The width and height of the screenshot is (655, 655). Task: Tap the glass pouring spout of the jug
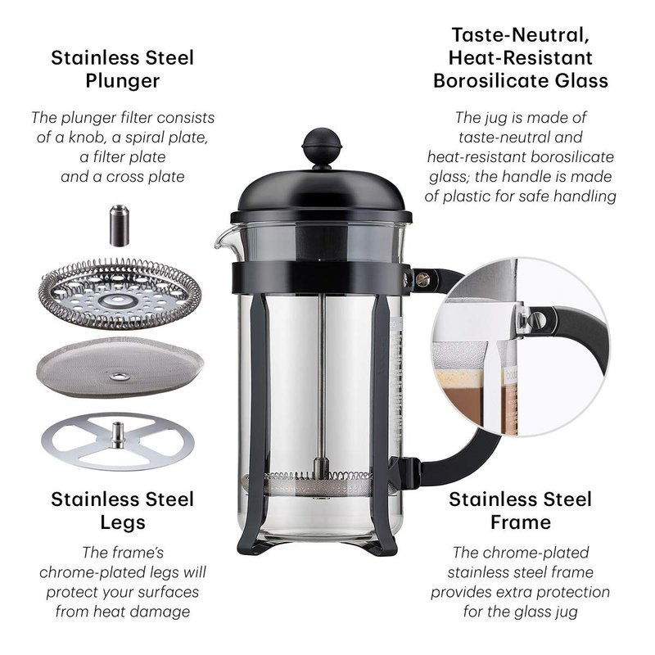[224, 240]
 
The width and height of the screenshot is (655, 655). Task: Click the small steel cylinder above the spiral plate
[119, 226]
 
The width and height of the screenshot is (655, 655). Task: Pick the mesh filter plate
[120, 367]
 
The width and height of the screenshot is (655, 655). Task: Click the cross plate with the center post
[118, 441]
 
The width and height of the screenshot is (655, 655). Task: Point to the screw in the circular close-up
[538, 320]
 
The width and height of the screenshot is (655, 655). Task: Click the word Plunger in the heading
[122, 81]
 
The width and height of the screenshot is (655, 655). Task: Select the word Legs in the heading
[122, 522]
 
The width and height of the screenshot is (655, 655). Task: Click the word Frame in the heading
[521, 522]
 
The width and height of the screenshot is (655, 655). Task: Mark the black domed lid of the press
[321, 195]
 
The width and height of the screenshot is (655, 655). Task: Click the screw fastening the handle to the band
[422, 279]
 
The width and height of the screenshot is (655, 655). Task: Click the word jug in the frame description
[567, 612]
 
